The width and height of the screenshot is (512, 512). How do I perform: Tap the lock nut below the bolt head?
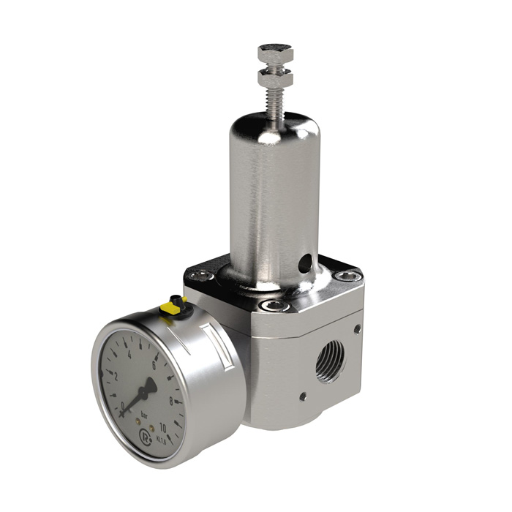click(275, 77)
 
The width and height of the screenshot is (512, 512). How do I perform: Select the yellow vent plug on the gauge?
click(177, 304)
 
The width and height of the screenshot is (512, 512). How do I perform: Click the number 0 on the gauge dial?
click(124, 404)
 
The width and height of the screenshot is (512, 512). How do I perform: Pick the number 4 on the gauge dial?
click(129, 353)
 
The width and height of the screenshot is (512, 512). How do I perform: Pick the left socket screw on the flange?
click(197, 276)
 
